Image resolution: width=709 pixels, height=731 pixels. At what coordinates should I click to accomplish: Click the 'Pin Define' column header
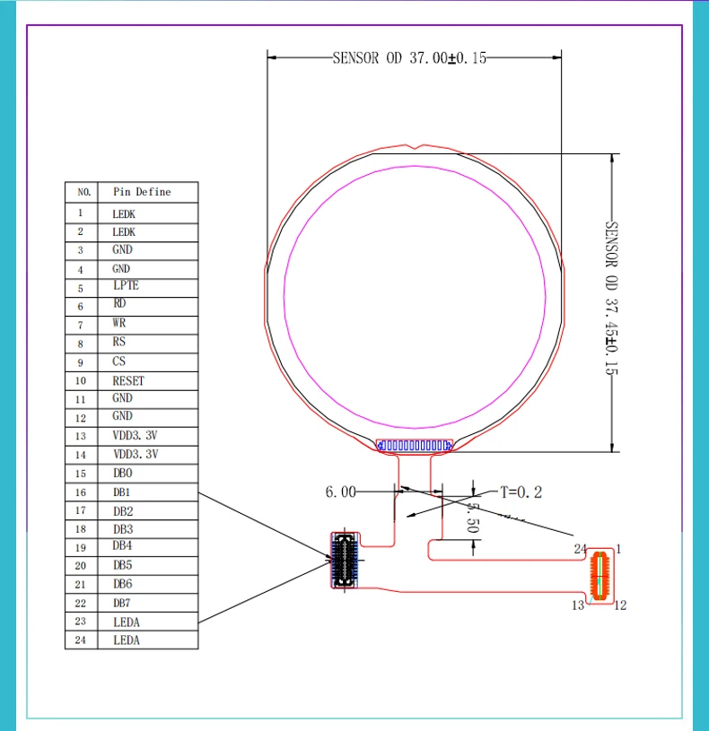(x=142, y=192)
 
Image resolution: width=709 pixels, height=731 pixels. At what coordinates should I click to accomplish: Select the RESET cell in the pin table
(x=128, y=381)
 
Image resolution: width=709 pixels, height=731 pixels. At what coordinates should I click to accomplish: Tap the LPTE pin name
(x=126, y=285)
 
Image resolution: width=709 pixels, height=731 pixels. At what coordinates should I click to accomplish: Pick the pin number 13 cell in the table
(x=81, y=436)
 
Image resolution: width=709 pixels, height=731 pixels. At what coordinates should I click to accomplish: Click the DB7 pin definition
(x=122, y=603)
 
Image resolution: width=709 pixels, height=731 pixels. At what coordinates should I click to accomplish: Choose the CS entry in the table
(x=119, y=361)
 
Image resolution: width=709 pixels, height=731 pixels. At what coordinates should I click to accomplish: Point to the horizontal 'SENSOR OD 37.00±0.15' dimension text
(x=409, y=57)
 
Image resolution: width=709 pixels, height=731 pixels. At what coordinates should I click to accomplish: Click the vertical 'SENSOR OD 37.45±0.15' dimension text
(x=611, y=298)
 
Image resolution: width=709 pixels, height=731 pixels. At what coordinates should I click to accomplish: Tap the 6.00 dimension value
(x=340, y=492)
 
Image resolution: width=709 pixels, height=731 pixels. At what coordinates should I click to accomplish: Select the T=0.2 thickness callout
(x=521, y=492)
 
